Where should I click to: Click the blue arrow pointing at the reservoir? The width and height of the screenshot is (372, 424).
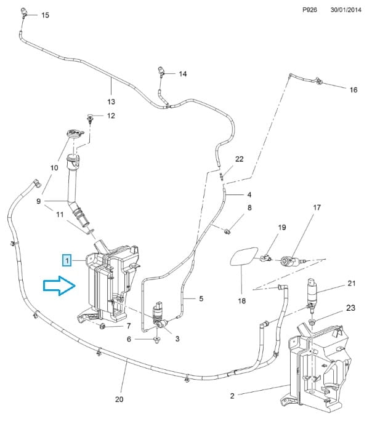tap(59, 286)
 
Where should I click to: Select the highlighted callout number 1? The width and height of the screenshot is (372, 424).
tap(67, 260)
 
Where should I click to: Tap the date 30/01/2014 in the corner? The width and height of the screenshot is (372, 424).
tap(346, 10)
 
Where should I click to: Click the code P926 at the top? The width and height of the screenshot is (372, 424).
tap(310, 10)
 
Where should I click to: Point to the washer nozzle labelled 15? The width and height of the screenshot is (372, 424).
tap(24, 12)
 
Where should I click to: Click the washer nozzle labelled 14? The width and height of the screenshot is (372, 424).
tap(161, 71)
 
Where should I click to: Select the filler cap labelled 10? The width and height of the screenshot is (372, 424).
tap(75, 134)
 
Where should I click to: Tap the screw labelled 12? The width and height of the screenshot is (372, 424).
tap(90, 119)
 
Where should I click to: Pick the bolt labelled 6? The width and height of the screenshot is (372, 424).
tap(156, 340)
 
